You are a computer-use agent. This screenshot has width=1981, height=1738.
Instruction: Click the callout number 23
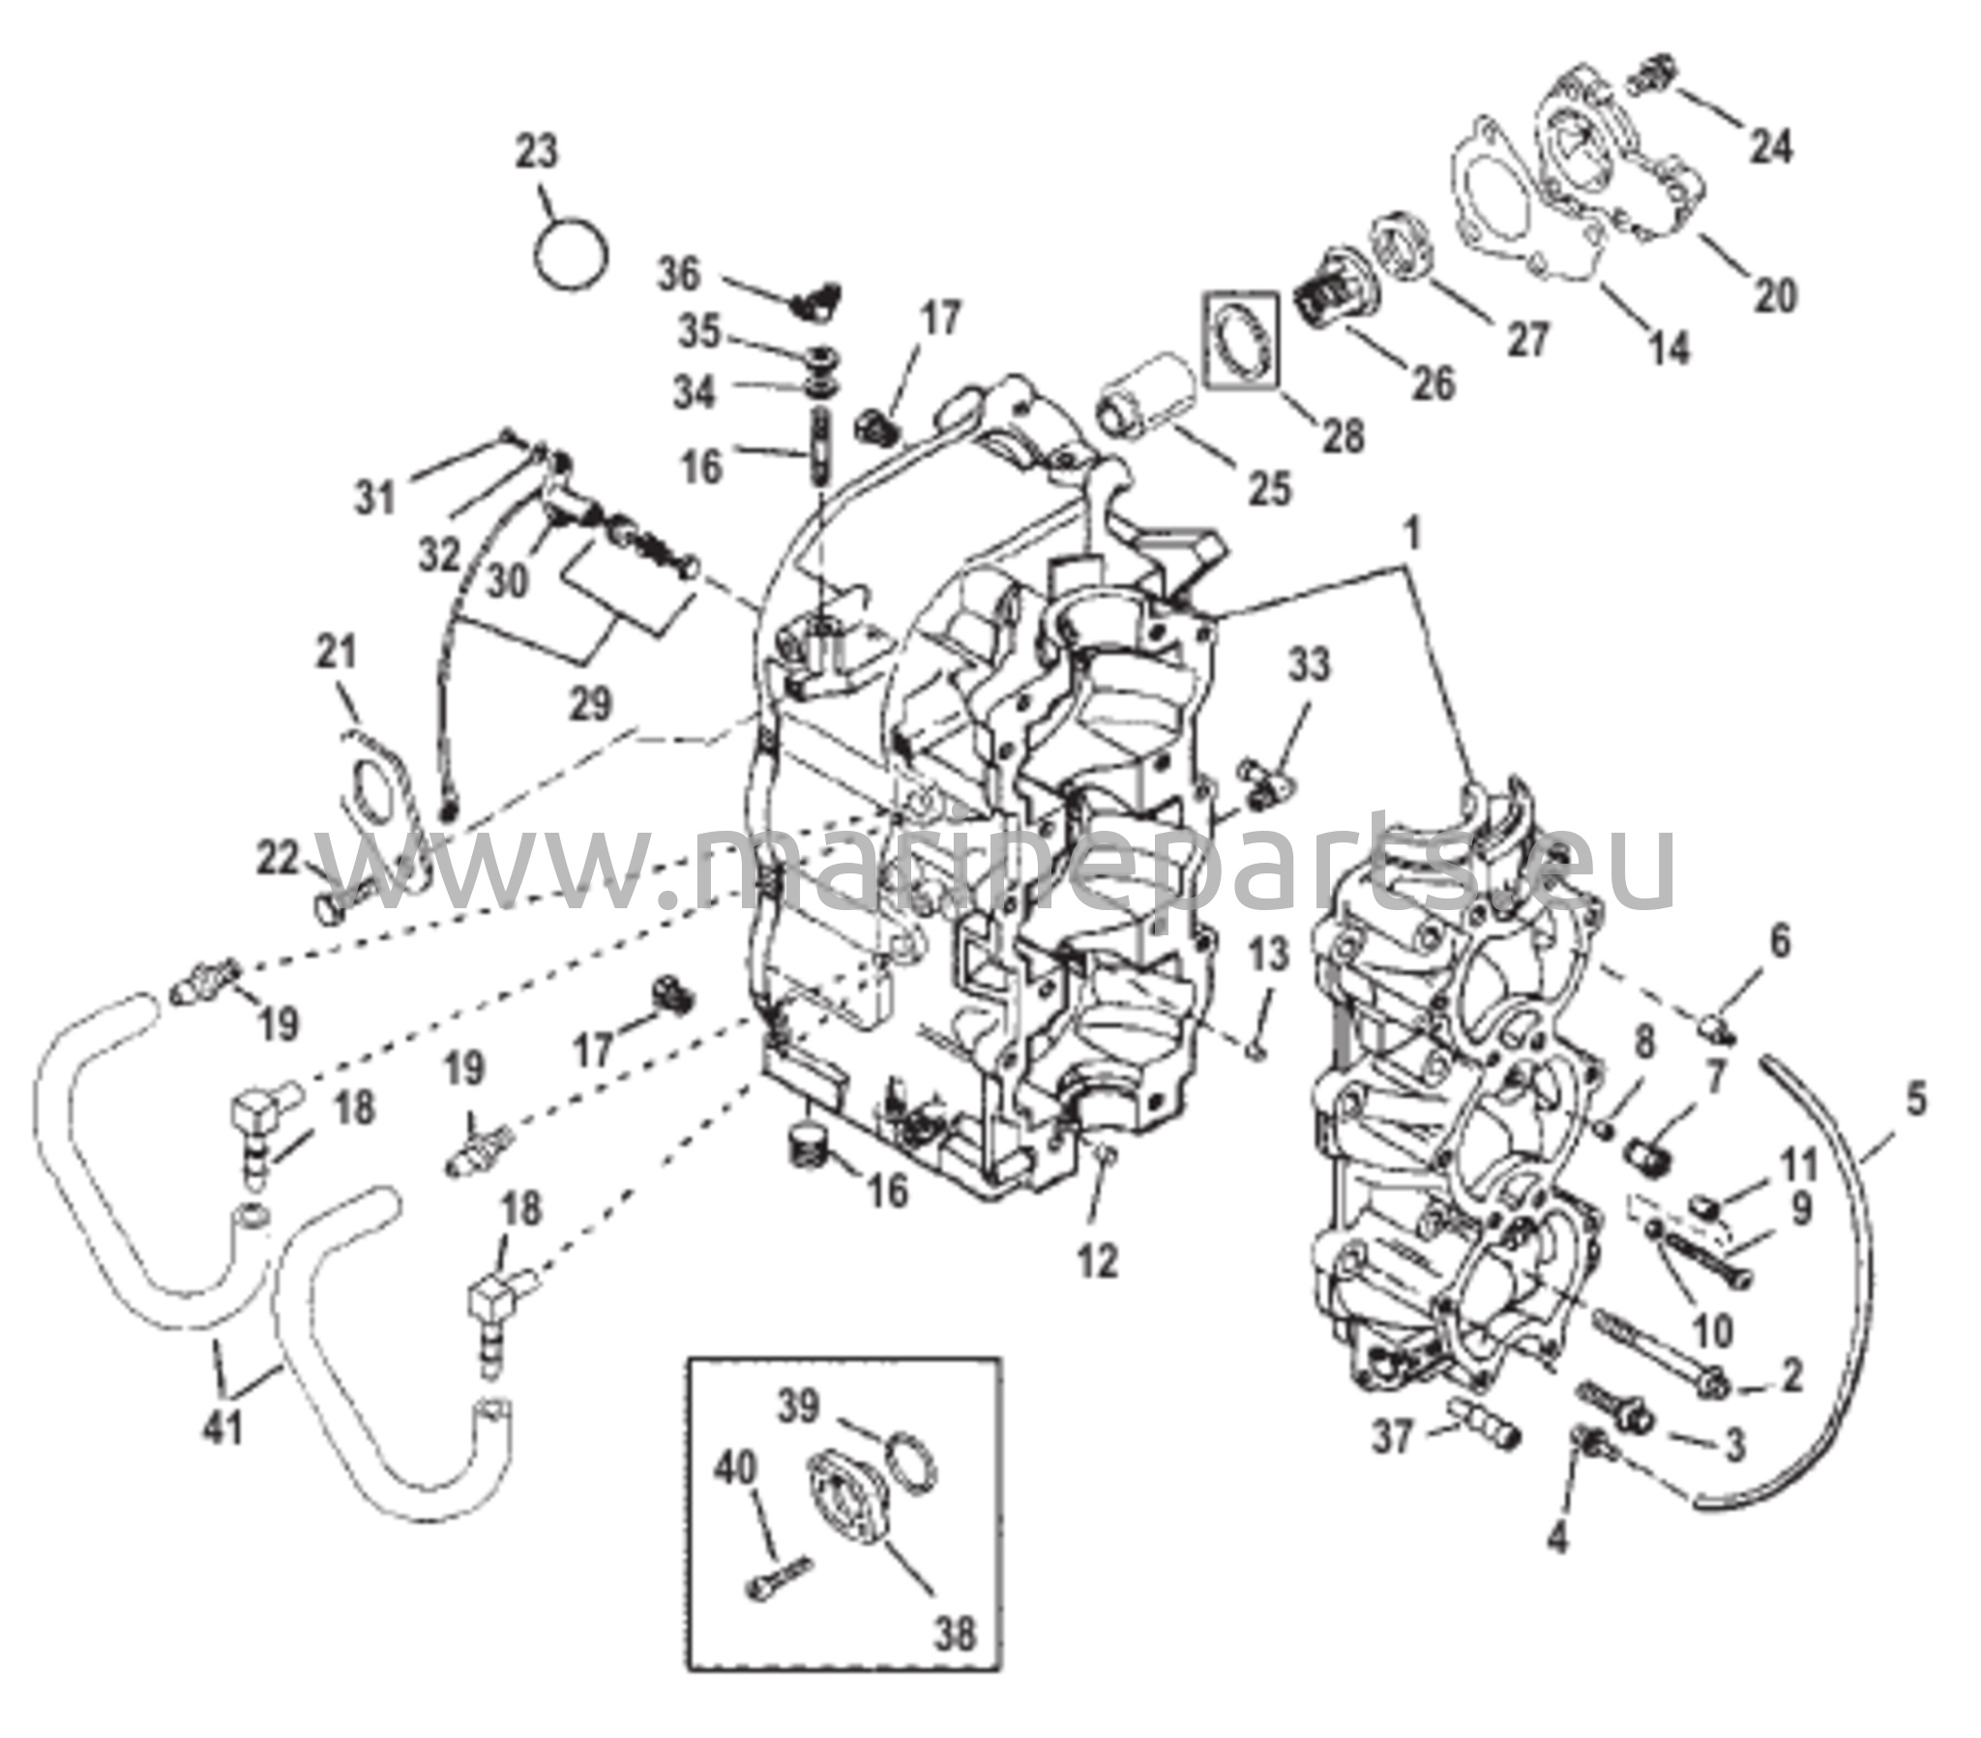pos(538,153)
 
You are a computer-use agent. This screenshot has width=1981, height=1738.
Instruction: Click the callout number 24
pos(1772,147)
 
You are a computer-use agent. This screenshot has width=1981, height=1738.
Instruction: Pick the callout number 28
pos(1344,436)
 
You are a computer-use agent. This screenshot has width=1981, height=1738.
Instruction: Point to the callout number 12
pos(1098,1261)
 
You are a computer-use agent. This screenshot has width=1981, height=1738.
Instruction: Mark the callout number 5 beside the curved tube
pos(1915,1104)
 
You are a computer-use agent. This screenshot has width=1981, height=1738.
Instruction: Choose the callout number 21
pos(337,653)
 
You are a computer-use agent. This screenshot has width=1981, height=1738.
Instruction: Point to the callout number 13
pos(1269,955)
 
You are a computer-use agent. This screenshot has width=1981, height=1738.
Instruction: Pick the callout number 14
pos(1670,347)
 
